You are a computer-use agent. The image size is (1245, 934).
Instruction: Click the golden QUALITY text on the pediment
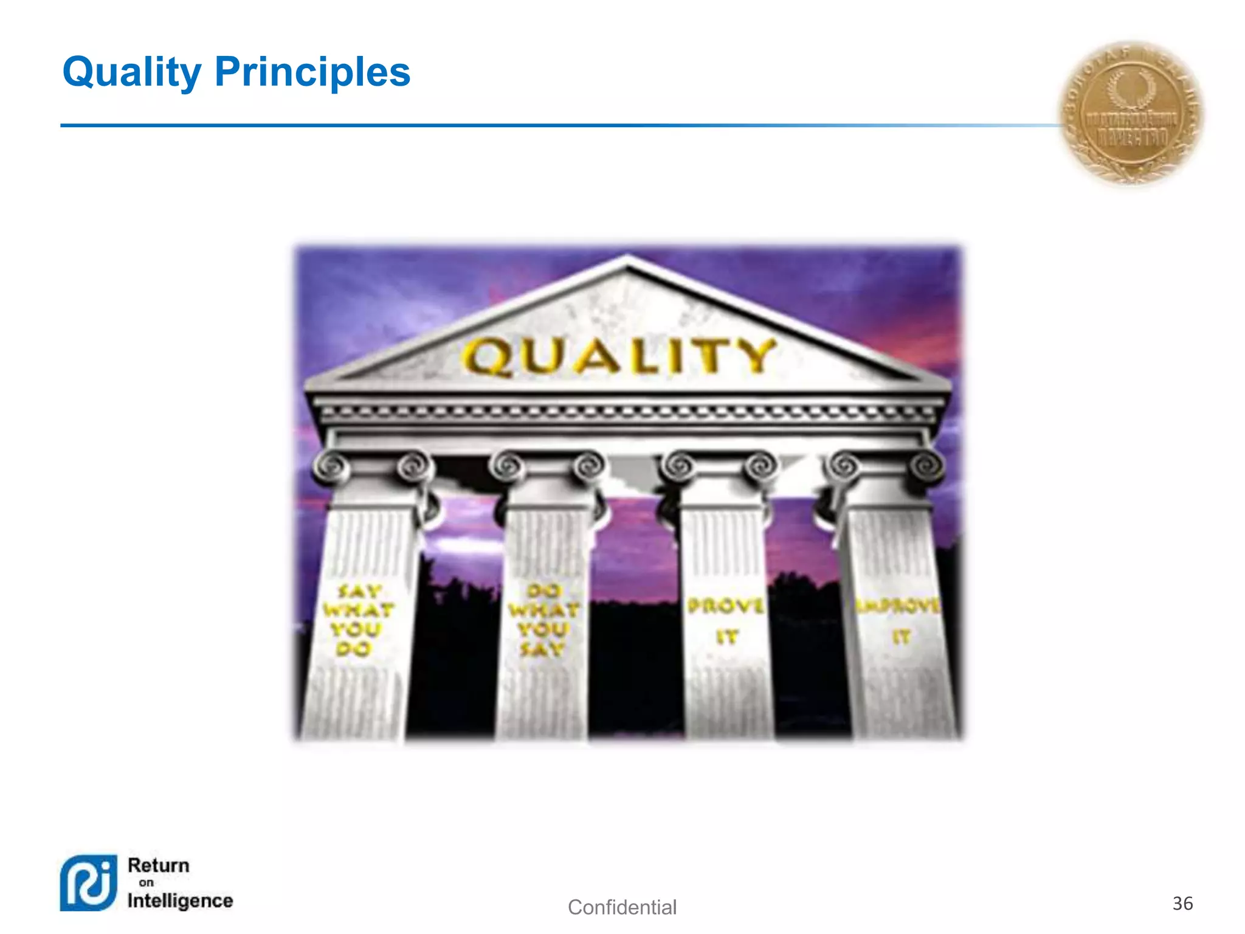tap(619, 357)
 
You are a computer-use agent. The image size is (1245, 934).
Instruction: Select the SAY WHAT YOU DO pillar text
tap(357, 620)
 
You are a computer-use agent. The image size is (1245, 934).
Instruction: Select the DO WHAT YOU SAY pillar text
tap(543, 620)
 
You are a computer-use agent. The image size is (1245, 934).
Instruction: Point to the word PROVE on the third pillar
tap(725, 606)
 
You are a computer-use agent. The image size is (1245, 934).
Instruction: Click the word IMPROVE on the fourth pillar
tap(897, 606)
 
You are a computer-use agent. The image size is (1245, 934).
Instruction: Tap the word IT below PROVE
tap(726, 637)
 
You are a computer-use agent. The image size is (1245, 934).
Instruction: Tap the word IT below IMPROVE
tap(901, 637)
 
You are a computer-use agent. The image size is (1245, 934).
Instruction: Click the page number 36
tap(1182, 903)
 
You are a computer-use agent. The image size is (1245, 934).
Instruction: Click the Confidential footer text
tap(622, 907)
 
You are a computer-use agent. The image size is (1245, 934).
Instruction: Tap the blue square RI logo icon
tap(89, 883)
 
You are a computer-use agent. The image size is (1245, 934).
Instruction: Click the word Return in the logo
tap(159, 865)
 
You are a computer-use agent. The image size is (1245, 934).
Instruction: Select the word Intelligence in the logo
tap(180, 901)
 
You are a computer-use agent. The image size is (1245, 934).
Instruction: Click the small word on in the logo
tap(147, 883)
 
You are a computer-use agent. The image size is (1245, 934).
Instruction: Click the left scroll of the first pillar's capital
tap(331, 467)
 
